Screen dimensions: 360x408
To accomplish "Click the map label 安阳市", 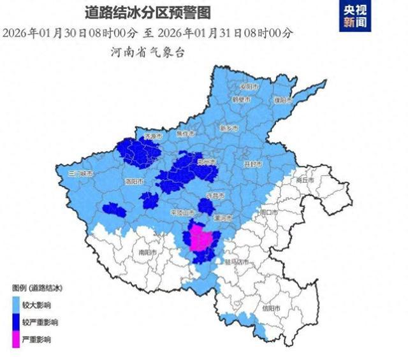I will [248, 87].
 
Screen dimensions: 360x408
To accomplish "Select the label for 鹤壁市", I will [240, 100].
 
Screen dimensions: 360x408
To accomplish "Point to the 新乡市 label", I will [228, 128].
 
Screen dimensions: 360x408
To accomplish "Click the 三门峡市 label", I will [81, 173].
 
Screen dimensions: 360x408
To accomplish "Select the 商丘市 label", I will [306, 180].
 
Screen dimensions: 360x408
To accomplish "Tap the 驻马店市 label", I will [235, 261].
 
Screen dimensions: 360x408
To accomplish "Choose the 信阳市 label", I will [271, 308].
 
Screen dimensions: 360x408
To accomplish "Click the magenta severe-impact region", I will [203, 240].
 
